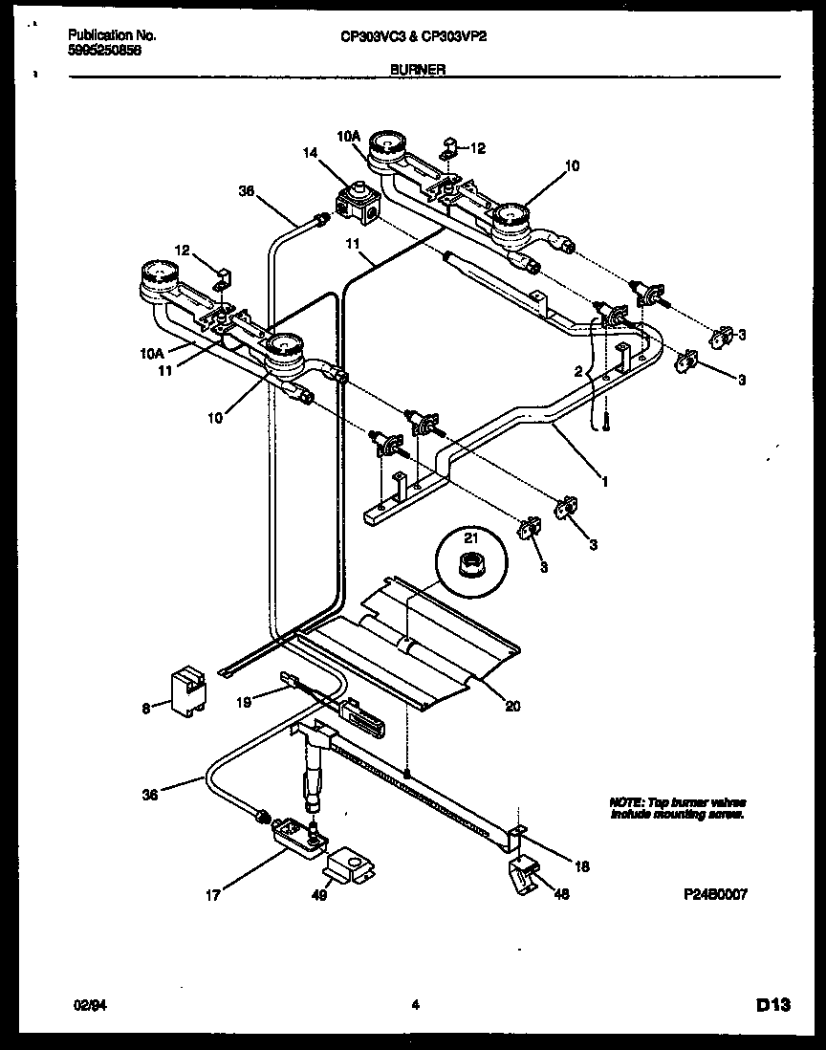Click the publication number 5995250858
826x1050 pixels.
pyautogui.click(x=105, y=52)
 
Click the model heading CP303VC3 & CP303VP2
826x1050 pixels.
pyautogui.click(x=407, y=36)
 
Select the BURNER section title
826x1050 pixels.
pyautogui.click(x=419, y=70)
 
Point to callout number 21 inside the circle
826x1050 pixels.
pyautogui.click(x=469, y=538)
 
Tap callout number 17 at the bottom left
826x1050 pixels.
pyautogui.click(x=212, y=895)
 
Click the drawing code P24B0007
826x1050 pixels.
pyautogui.click(x=715, y=895)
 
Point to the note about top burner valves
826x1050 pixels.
pyautogui.click(x=678, y=808)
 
